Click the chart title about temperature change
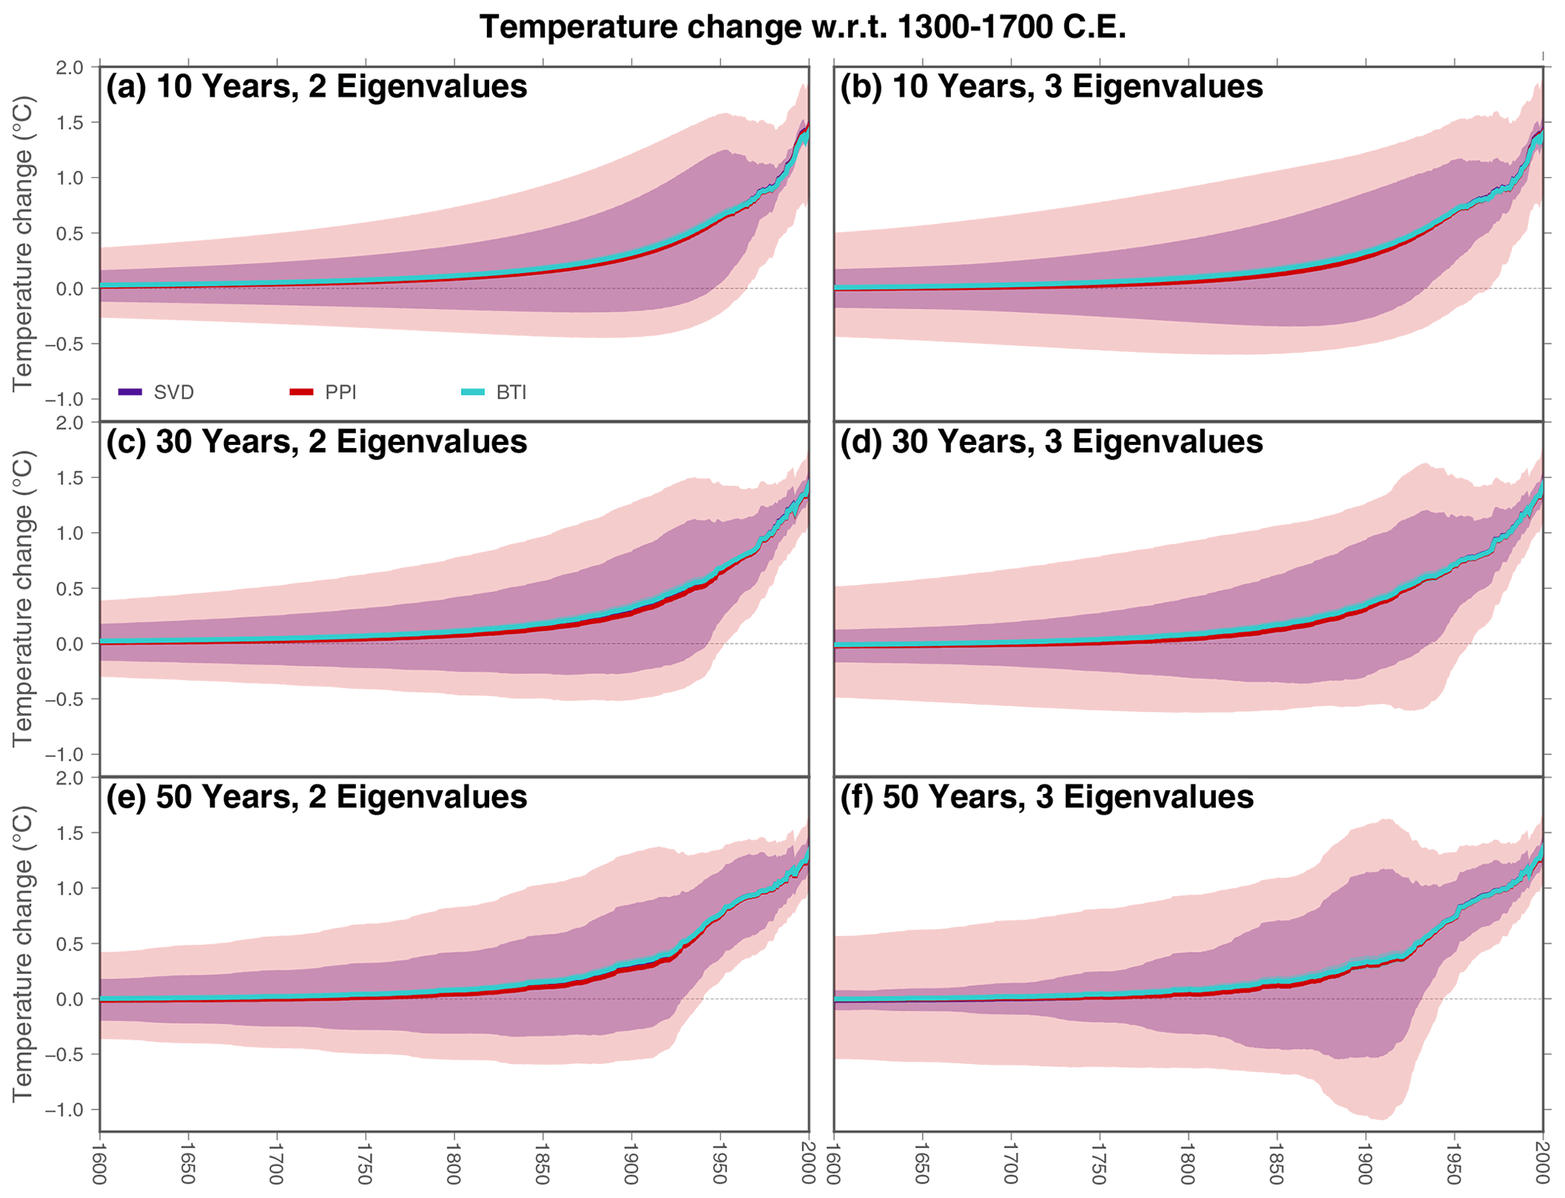point(803,27)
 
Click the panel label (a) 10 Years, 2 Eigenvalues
point(316,87)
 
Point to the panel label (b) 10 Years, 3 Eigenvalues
point(1051,87)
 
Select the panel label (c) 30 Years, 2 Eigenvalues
point(316,442)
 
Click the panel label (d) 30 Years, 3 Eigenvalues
point(1051,442)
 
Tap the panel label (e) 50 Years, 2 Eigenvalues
point(316,797)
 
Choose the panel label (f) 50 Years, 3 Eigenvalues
point(1046,797)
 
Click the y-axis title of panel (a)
point(23,244)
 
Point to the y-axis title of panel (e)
point(23,954)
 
